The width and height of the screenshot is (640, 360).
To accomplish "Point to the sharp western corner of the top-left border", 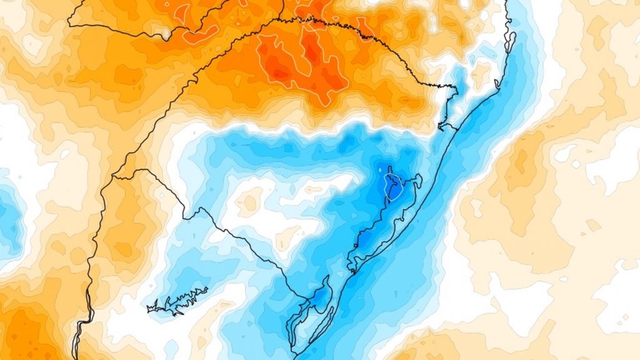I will [69, 25].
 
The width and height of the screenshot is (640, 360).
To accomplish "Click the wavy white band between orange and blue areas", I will [312, 131].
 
